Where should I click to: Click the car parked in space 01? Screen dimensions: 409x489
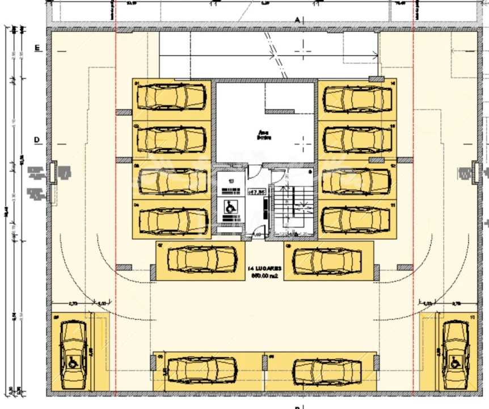click(172, 97)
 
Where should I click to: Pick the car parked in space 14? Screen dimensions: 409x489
click(357, 99)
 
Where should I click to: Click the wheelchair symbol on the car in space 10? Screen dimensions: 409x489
click(455, 361)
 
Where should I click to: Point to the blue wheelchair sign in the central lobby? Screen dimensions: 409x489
click(230, 208)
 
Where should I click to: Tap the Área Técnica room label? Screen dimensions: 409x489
click(263, 135)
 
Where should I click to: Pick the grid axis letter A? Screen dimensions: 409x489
click(297, 19)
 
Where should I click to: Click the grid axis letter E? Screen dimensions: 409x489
click(37, 48)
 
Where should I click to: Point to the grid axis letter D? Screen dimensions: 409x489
click(37, 139)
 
